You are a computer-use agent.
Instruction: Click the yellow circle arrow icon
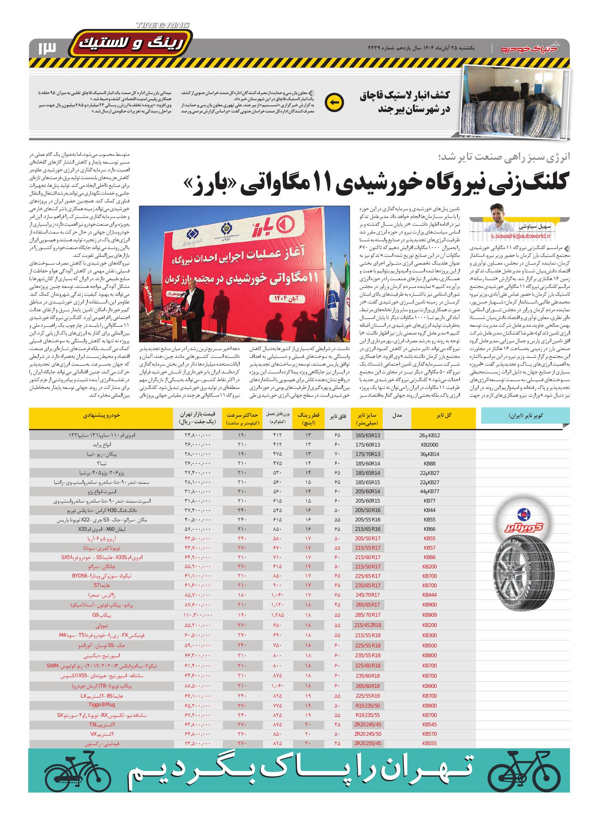click(334, 102)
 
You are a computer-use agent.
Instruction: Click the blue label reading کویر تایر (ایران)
click(525, 415)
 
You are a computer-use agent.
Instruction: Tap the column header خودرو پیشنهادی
click(101, 415)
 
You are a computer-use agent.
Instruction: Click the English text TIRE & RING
click(163, 25)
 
